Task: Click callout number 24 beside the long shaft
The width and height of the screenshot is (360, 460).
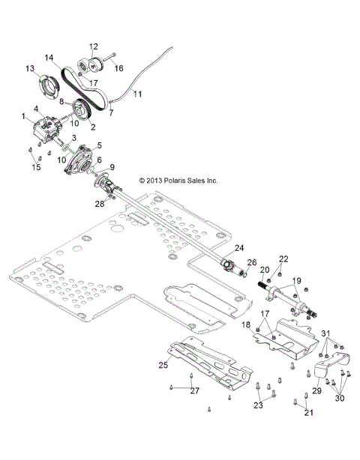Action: tap(238, 247)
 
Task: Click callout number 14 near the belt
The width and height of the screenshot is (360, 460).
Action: tap(49, 57)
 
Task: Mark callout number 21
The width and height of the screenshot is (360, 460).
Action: tap(308, 411)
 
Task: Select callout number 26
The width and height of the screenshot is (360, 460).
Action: tap(252, 262)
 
